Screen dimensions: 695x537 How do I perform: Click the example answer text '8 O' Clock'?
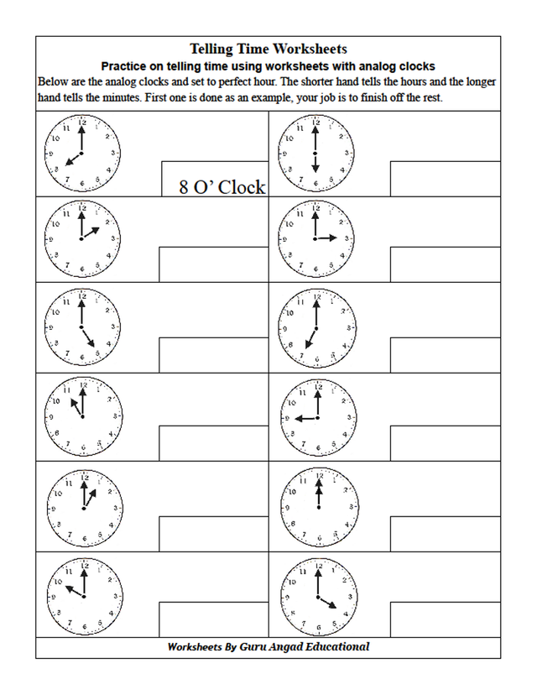(222, 187)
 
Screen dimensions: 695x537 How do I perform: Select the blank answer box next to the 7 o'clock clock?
(445, 353)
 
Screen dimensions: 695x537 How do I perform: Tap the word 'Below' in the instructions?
(55, 82)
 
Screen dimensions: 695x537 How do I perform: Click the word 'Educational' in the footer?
(336, 647)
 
